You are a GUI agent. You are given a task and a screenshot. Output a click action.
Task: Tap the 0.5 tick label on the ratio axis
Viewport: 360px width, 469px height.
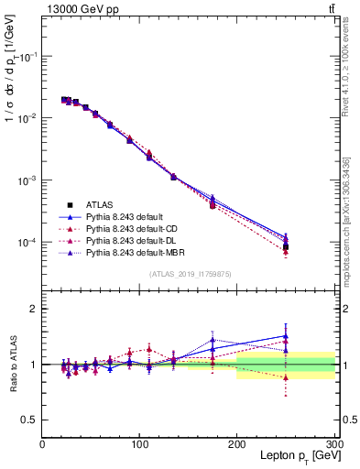pos(30,420)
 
